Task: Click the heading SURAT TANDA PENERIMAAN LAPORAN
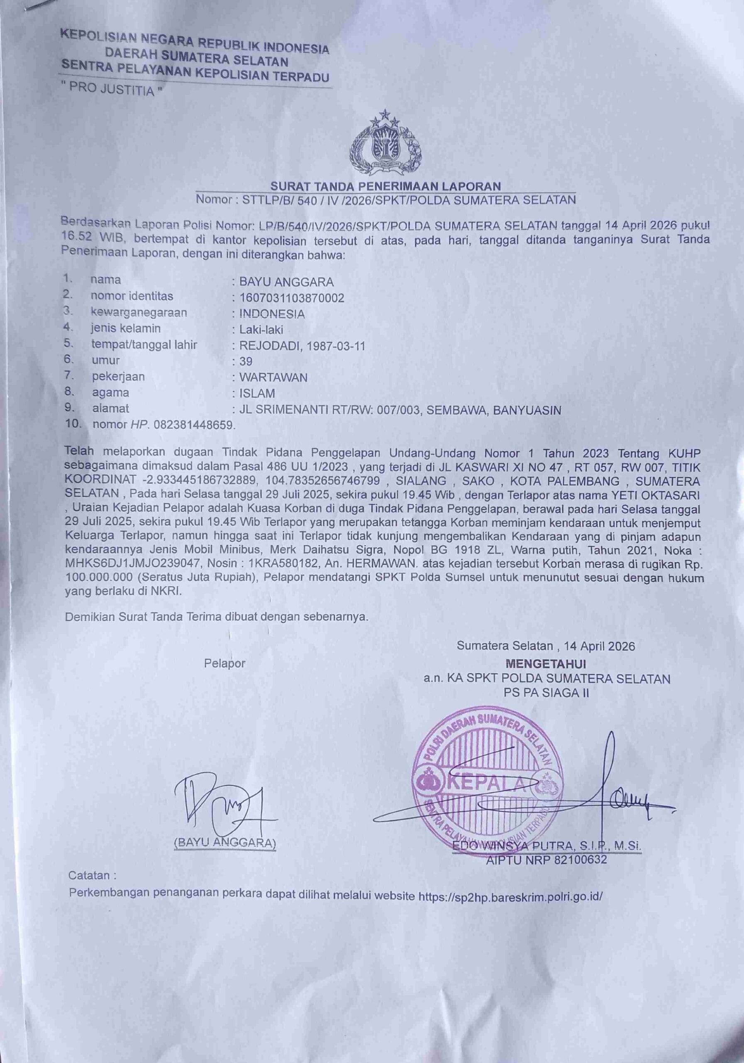pyautogui.click(x=385, y=186)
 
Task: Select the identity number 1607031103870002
pyautogui.click(x=291, y=298)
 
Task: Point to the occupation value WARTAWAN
pyautogui.click(x=273, y=377)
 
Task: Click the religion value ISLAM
pyautogui.click(x=257, y=394)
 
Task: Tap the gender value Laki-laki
pyautogui.click(x=261, y=330)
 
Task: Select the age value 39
pyautogui.click(x=246, y=362)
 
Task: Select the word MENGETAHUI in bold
pyautogui.click(x=546, y=664)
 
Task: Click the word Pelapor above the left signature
pyautogui.click(x=225, y=664)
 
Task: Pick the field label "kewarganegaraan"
pyautogui.click(x=139, y=313)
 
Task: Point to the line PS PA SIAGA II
pyautogui.click(x=546, y=693)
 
